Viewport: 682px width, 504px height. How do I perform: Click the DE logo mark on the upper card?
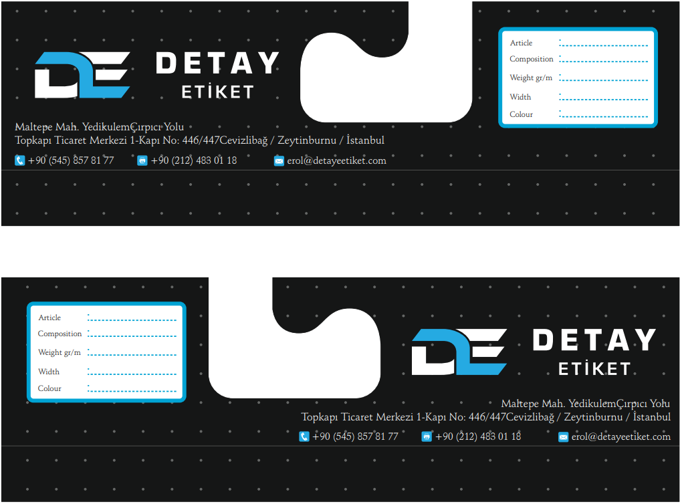point(82,75)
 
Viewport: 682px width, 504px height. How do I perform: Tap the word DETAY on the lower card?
point(594,340)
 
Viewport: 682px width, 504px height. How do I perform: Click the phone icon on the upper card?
point(20,160)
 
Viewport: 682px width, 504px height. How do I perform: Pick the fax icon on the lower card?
point(427,436)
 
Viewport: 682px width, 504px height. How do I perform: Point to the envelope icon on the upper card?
point(279,161)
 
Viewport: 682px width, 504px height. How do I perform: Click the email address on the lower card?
point(620,436)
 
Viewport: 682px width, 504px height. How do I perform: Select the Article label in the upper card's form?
point(522,43)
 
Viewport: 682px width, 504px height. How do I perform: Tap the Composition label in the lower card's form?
point(60,334)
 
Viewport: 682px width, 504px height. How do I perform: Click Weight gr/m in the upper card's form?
point(531,78)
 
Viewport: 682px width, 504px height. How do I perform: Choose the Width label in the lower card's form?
point(49,372)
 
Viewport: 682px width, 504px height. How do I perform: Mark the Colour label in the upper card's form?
point(522,114)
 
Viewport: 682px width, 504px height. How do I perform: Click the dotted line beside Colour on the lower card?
point(132,392)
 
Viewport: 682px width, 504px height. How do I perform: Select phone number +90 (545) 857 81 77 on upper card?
point(71,160)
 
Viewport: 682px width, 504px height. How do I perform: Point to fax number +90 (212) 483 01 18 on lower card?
point(478,436)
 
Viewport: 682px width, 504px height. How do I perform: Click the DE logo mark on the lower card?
point(459,352)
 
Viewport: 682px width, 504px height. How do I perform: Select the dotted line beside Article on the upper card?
point(604,45)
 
